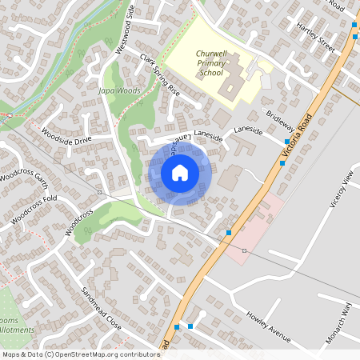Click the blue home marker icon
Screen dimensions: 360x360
180,172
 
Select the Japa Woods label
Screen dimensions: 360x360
119,91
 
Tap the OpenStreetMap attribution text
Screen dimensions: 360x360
80,354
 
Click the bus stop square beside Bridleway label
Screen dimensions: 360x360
286,142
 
